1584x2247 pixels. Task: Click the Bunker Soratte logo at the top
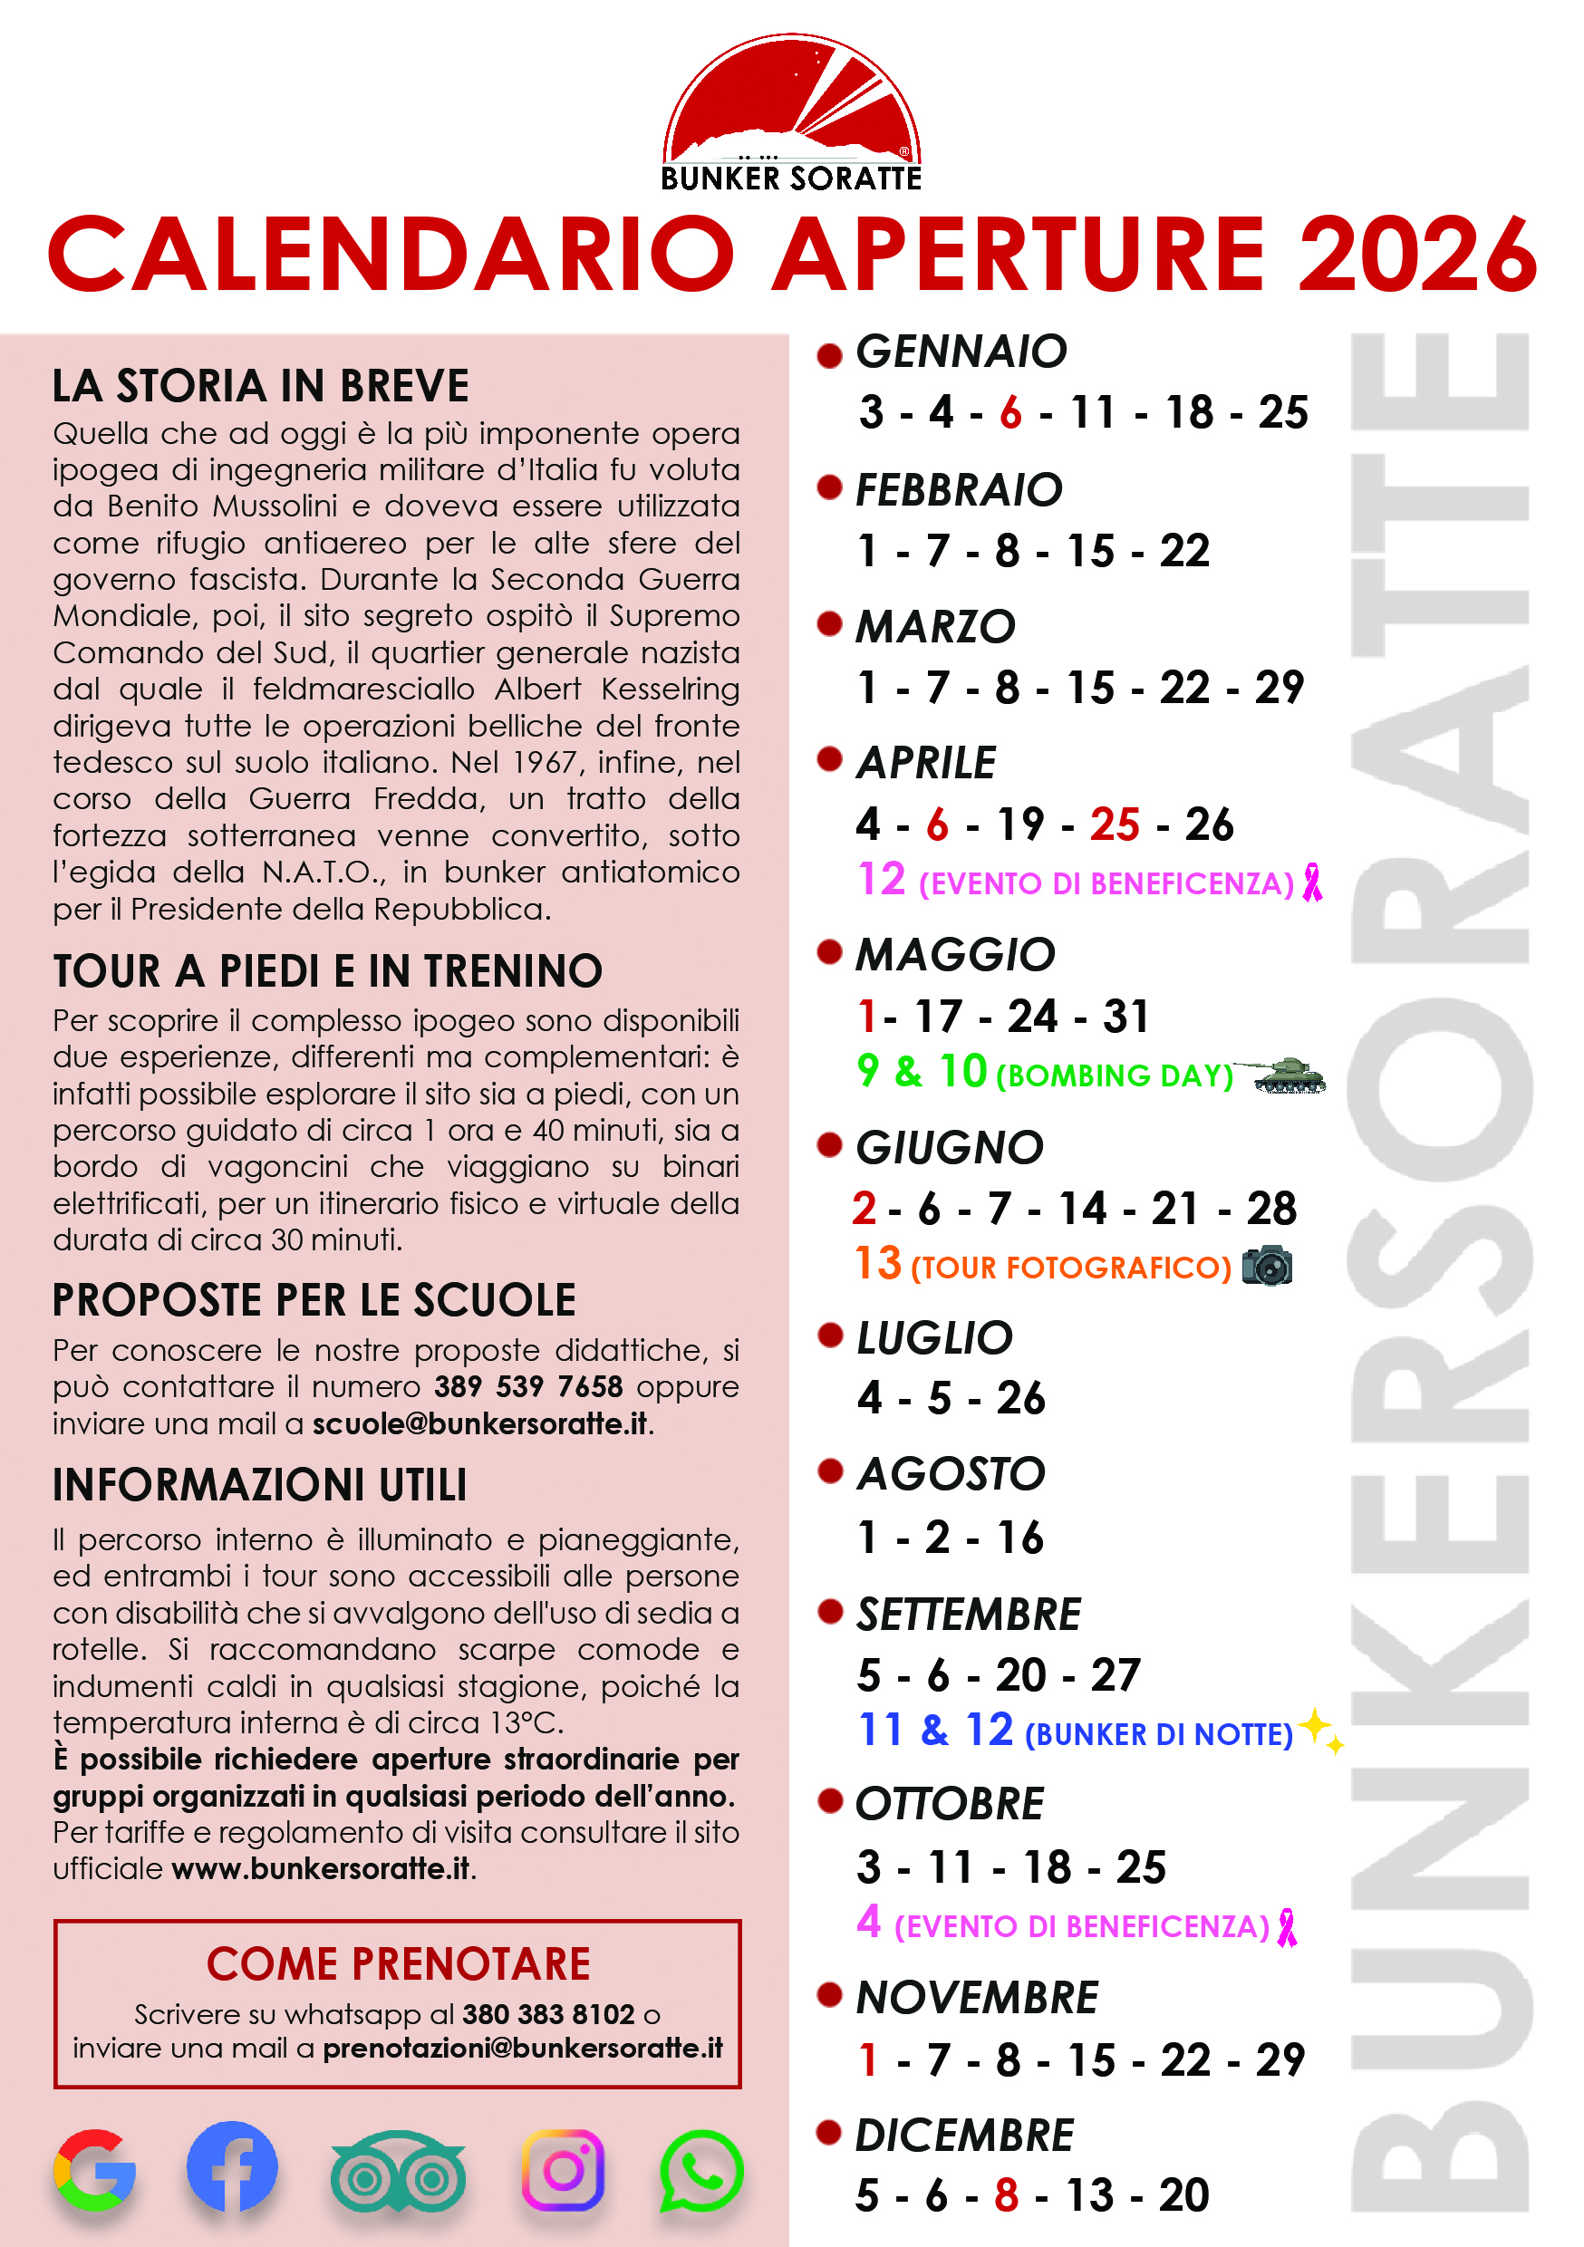pos(791,112)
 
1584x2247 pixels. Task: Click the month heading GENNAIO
pos(961,352)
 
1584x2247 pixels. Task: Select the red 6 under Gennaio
pos(1010,413)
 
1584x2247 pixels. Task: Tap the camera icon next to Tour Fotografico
pos(1267,1266)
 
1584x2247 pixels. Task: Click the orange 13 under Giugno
pos(877,1263)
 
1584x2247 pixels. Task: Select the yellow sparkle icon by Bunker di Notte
pos(1319,1730)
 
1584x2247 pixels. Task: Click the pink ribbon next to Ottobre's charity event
pos(1288,1926)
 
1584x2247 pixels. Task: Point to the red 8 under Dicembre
pos(1007,2195)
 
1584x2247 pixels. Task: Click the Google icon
pos(95,2170)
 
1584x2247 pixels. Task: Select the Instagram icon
pos(563,2170)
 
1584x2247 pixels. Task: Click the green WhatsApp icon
pos(701,2170)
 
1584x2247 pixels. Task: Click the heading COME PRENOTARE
pos(398,1964)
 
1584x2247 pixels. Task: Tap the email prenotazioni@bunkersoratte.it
pos(523,2049)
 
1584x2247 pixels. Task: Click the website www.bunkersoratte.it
pos(320,1868)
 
